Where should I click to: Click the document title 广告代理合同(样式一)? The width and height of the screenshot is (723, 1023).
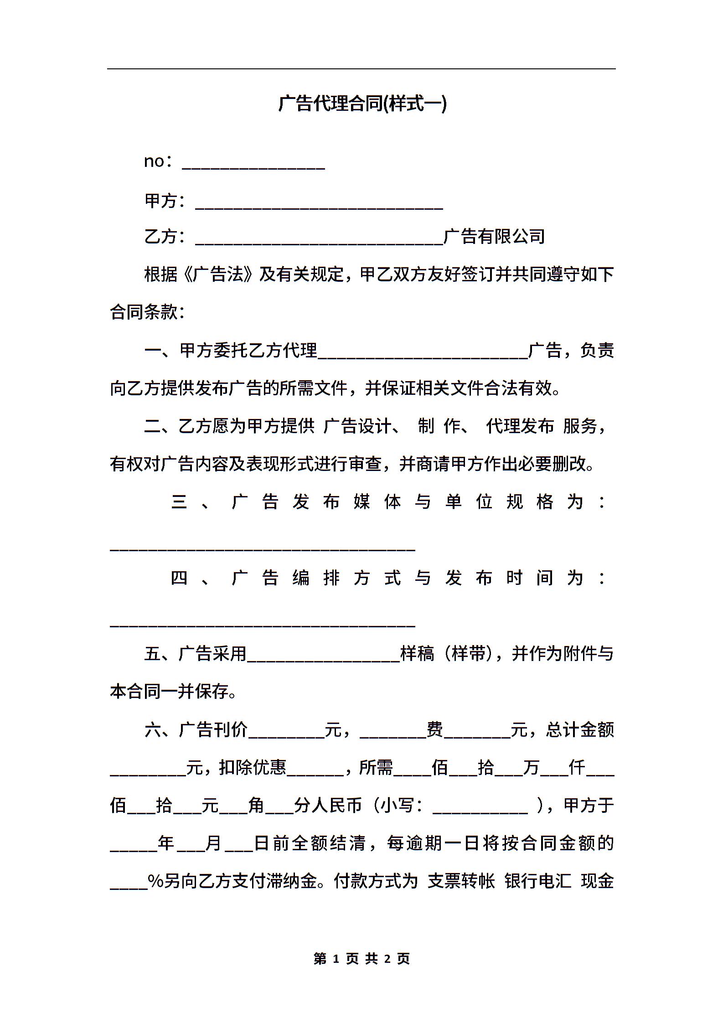click(x=362, y=103)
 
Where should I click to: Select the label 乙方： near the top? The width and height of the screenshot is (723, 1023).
click(x=165, y=237)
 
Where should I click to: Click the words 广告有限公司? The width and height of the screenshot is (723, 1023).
click(x=494, y=237)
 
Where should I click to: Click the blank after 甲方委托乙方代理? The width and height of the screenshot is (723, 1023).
click(x=423, y=353)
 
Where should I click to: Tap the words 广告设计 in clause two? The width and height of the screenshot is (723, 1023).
click(x=358, y=426)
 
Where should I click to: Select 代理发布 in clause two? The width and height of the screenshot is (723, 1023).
click(x=520, y=426)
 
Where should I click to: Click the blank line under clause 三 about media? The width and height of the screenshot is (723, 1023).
click(x=262, y=547)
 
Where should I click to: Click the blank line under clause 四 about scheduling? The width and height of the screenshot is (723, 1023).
click(x=262, y=623)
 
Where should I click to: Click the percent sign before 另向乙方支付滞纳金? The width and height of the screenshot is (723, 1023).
click(x=155, y=881)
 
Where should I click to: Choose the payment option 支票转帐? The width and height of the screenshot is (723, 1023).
click(x=461, y=881)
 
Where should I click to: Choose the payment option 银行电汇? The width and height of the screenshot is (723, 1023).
click(x=538, y=881)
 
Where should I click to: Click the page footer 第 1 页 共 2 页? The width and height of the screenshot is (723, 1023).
click(x=362, y=959)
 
